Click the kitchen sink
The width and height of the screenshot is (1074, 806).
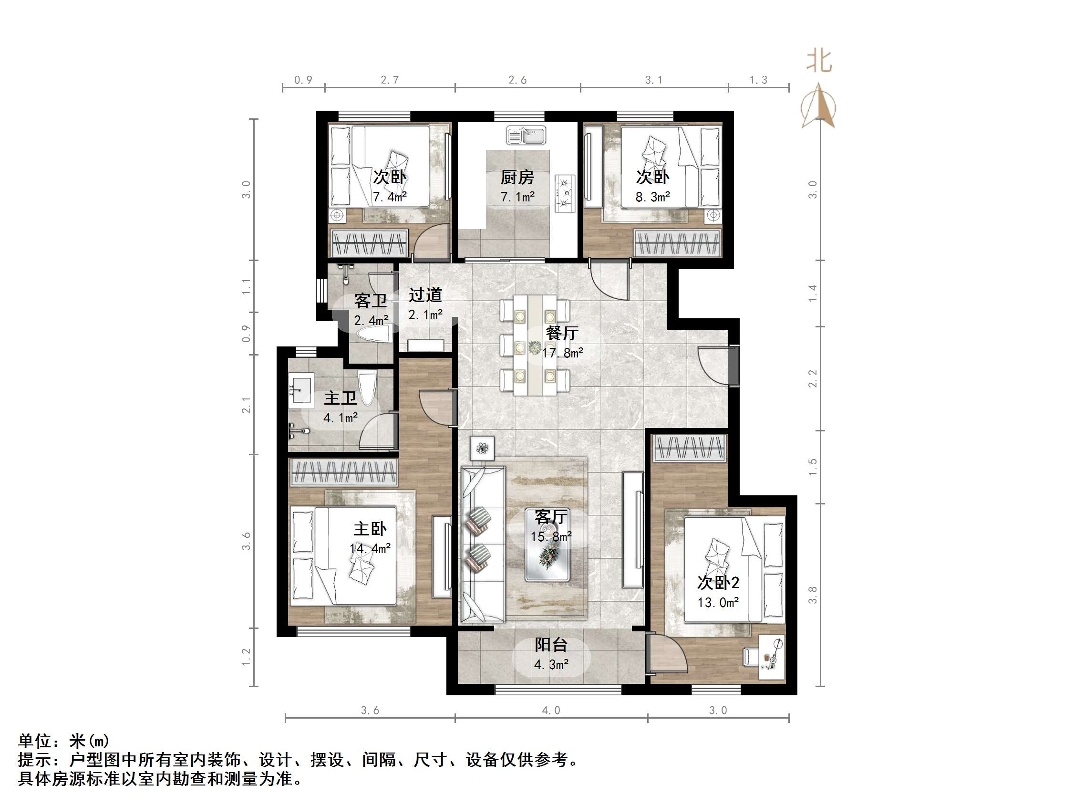pos(526,135)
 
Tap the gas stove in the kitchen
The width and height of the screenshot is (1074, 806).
pos(565,193)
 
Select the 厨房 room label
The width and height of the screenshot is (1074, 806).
pos(517,178)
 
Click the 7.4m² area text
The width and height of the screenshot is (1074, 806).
pos(390,197)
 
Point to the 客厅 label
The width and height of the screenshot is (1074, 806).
pos(551,517)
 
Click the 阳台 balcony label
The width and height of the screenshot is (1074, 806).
pos(551,645)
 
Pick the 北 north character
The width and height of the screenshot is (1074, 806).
pos(819,62)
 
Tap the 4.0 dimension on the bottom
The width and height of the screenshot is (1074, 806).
pos(551,710)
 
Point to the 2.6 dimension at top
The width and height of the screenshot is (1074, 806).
pos(517,80)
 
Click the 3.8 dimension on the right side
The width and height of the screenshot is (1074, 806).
pos(813,595)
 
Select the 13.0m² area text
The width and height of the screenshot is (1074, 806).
pos(718,602)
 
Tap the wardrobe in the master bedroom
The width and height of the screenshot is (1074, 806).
pos(344,472)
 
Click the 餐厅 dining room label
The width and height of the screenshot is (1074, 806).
pos(562,333)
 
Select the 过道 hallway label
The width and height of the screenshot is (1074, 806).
pos(425,295)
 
